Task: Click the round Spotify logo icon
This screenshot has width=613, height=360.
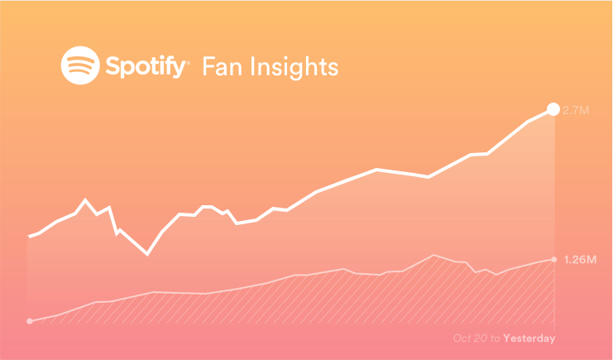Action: pos(80,65)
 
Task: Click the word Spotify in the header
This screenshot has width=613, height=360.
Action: pos(146,66)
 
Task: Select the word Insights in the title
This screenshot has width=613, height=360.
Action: pos(294,68)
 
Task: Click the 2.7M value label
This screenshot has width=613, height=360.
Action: pos(576,110)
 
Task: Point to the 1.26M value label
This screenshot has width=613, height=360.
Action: pos(580,259)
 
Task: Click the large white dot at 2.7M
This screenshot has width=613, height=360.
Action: pos(553,109)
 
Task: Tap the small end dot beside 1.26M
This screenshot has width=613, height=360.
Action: pos(554,259)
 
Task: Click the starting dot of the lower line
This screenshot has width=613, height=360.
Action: pos(29,321)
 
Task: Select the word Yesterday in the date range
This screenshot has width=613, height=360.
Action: pos(529,338)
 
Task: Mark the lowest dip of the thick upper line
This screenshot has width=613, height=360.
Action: pos(147,254)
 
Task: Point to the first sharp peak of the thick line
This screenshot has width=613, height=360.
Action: pos(85,199)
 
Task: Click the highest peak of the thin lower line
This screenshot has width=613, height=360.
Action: pos(433,255)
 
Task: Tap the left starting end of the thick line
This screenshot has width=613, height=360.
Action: pos(29,237)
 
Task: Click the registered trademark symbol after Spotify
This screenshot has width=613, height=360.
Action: pos(189,63)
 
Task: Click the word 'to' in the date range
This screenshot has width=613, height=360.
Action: pos(496,338)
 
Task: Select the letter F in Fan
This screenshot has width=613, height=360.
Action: pos(208,66)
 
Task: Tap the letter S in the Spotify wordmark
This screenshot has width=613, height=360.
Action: pos(113,65)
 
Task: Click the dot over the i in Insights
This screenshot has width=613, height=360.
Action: pos(251,58)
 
